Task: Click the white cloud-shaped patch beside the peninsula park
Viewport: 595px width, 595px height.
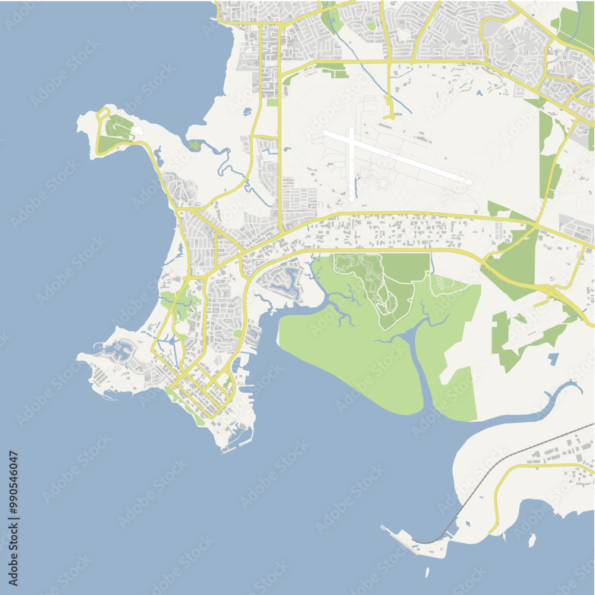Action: click(137, 130)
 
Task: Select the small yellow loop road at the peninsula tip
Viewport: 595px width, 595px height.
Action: click(102, 113)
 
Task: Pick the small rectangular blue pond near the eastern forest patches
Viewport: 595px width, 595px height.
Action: click(553, 359)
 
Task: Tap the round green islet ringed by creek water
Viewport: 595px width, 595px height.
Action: click(195, 145)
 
